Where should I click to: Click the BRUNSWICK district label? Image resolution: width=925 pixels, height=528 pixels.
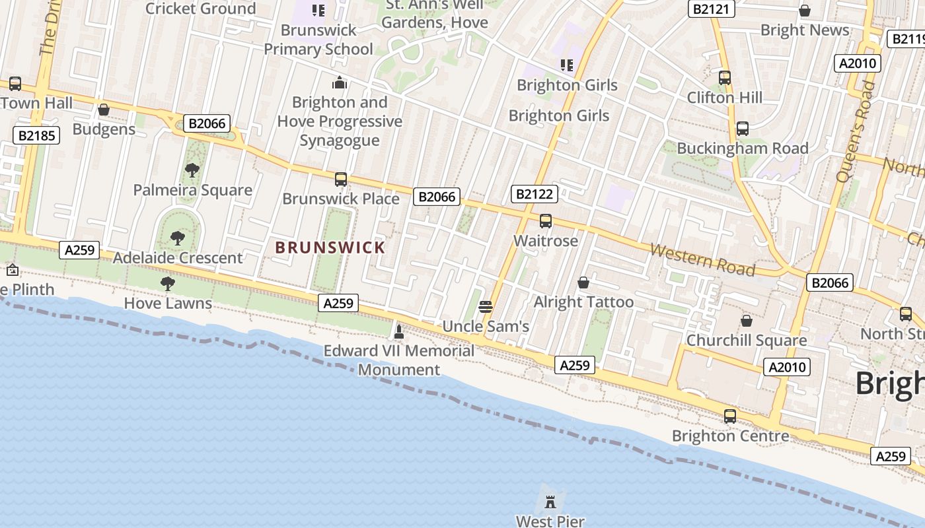pyautogui.click(x=330, y=247)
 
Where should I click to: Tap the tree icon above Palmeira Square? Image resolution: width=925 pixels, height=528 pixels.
pyautogui.click(x=192, y=170)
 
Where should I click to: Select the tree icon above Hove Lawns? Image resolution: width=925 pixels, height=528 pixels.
pyautogui.click(x=168, y=284)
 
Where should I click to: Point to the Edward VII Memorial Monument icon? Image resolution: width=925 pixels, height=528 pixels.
pyautogui.click(x=398, y=331)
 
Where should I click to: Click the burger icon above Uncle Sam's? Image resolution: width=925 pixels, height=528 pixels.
pyautogui.click(x=486, y=306)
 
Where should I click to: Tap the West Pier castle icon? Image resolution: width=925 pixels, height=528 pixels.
pyautogui.click(x=550, y=502)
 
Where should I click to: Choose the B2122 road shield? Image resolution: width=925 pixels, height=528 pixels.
pyautogui.click(x=535, y=194)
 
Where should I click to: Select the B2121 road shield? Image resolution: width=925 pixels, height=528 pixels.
pyautogui.click(x=711, y=9)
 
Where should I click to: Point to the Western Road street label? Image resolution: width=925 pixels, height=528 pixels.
pyautogui.click(x=702, y=259)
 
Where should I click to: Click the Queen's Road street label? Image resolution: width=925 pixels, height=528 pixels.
pyautogui.click(x=855, y=132)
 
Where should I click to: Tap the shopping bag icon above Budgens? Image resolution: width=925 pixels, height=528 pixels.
pyautogui.click(x=104, y=110)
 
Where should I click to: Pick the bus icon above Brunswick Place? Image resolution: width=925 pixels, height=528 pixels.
pyautogui.click(x=341, y=179)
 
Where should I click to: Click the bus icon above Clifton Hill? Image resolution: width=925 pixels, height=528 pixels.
pyautogui.click(x=725, y=78)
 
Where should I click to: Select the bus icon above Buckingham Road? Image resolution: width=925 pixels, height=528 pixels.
pyautogui.click(x=743, y=129)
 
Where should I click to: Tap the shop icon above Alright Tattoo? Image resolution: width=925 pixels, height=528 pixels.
pyautogui.click(x=583, y=282)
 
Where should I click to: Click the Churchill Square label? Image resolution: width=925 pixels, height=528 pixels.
pyautogui.click(x=747, y=341)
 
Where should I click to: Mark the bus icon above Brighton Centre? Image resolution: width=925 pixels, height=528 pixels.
pyautogui.click(x=730, y=416)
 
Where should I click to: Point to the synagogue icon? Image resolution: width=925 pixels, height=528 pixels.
pyautogui.click(x=340, y=82)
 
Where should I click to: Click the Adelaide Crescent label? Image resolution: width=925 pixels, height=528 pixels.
pyautogui.click(x=178, y=257)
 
